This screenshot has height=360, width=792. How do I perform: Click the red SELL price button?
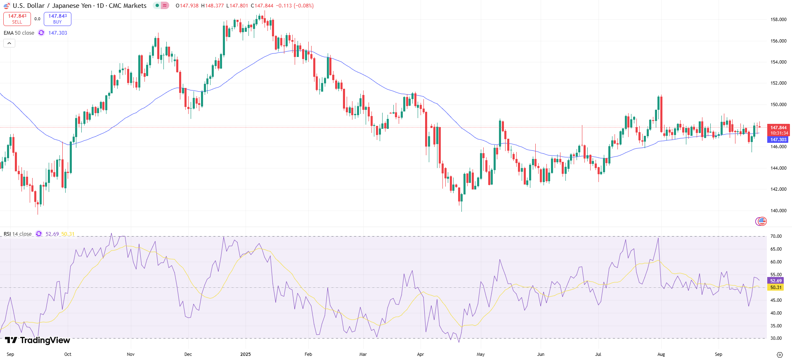point(17,19)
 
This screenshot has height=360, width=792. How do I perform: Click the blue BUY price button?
point(57,19)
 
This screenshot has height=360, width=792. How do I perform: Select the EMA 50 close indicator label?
point(19,33)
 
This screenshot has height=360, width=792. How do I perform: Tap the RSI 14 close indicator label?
point(18,234)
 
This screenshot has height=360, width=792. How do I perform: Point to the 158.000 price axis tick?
point(778,19)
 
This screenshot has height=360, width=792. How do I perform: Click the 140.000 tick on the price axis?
point(778,211)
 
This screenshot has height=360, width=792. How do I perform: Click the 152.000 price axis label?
point(778,83)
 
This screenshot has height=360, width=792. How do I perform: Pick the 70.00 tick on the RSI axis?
point(776,236)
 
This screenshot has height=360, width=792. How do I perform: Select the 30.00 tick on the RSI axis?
point(776,338)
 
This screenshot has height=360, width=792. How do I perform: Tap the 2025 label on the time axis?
point(246,354)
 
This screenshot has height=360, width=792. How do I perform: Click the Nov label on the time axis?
point(131,354)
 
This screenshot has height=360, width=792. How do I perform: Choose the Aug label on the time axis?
point(661,354)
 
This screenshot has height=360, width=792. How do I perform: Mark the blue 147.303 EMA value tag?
point(778,140)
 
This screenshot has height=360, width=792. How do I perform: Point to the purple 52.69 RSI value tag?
point(776,281)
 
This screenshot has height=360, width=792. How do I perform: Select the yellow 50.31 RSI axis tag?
point(776,287)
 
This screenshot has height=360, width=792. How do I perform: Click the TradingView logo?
point(38,340)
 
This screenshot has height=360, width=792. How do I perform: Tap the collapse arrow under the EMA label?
point(9,43)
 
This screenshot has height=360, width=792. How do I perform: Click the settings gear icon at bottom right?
point(780,355)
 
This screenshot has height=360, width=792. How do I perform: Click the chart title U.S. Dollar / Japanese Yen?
point(79,6)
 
